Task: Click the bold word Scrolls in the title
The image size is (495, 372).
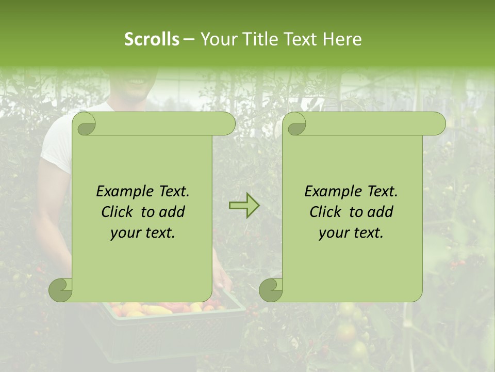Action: (x=152, y=39)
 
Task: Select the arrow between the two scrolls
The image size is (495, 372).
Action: (x=244, y=206)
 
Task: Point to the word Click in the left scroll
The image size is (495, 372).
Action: (x=117, y=212)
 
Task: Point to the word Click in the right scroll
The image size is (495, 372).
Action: (x=325, y=212)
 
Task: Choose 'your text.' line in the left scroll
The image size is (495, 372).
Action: (x=142, y=233)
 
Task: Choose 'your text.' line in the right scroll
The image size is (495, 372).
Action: (x=351, y=233)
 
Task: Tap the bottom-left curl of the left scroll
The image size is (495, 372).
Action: (x=61, y=290)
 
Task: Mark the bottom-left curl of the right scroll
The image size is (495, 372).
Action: (x=271, y=290)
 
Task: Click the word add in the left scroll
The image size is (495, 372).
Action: (x=172, y=212)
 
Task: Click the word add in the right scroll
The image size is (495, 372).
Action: (x=381, y=212)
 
